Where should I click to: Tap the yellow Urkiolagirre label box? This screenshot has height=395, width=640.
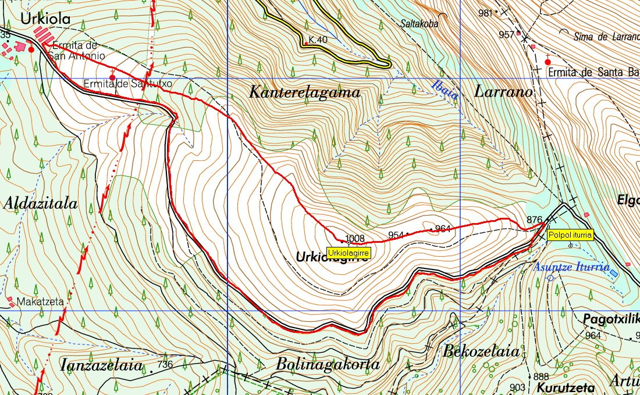point(348,253)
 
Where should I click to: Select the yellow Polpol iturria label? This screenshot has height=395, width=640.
point(570,235)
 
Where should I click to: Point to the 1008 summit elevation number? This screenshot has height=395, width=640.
point(355,238)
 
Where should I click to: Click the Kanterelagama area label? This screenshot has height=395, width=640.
point(304,92)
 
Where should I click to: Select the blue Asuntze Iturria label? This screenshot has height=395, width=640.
point(571,267)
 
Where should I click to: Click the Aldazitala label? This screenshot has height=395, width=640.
point(40,203)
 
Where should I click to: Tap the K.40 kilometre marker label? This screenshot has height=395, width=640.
point(318,40)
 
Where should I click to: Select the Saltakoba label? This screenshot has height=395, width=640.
point(419,24)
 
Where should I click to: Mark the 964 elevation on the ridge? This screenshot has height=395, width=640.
point(443,228)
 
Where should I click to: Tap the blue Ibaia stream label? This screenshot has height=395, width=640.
point(445,91)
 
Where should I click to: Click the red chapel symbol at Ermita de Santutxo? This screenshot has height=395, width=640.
point(112,76)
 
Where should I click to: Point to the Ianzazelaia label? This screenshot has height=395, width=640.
point(101,365)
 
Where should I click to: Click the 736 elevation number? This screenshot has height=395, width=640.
point(165,364)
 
